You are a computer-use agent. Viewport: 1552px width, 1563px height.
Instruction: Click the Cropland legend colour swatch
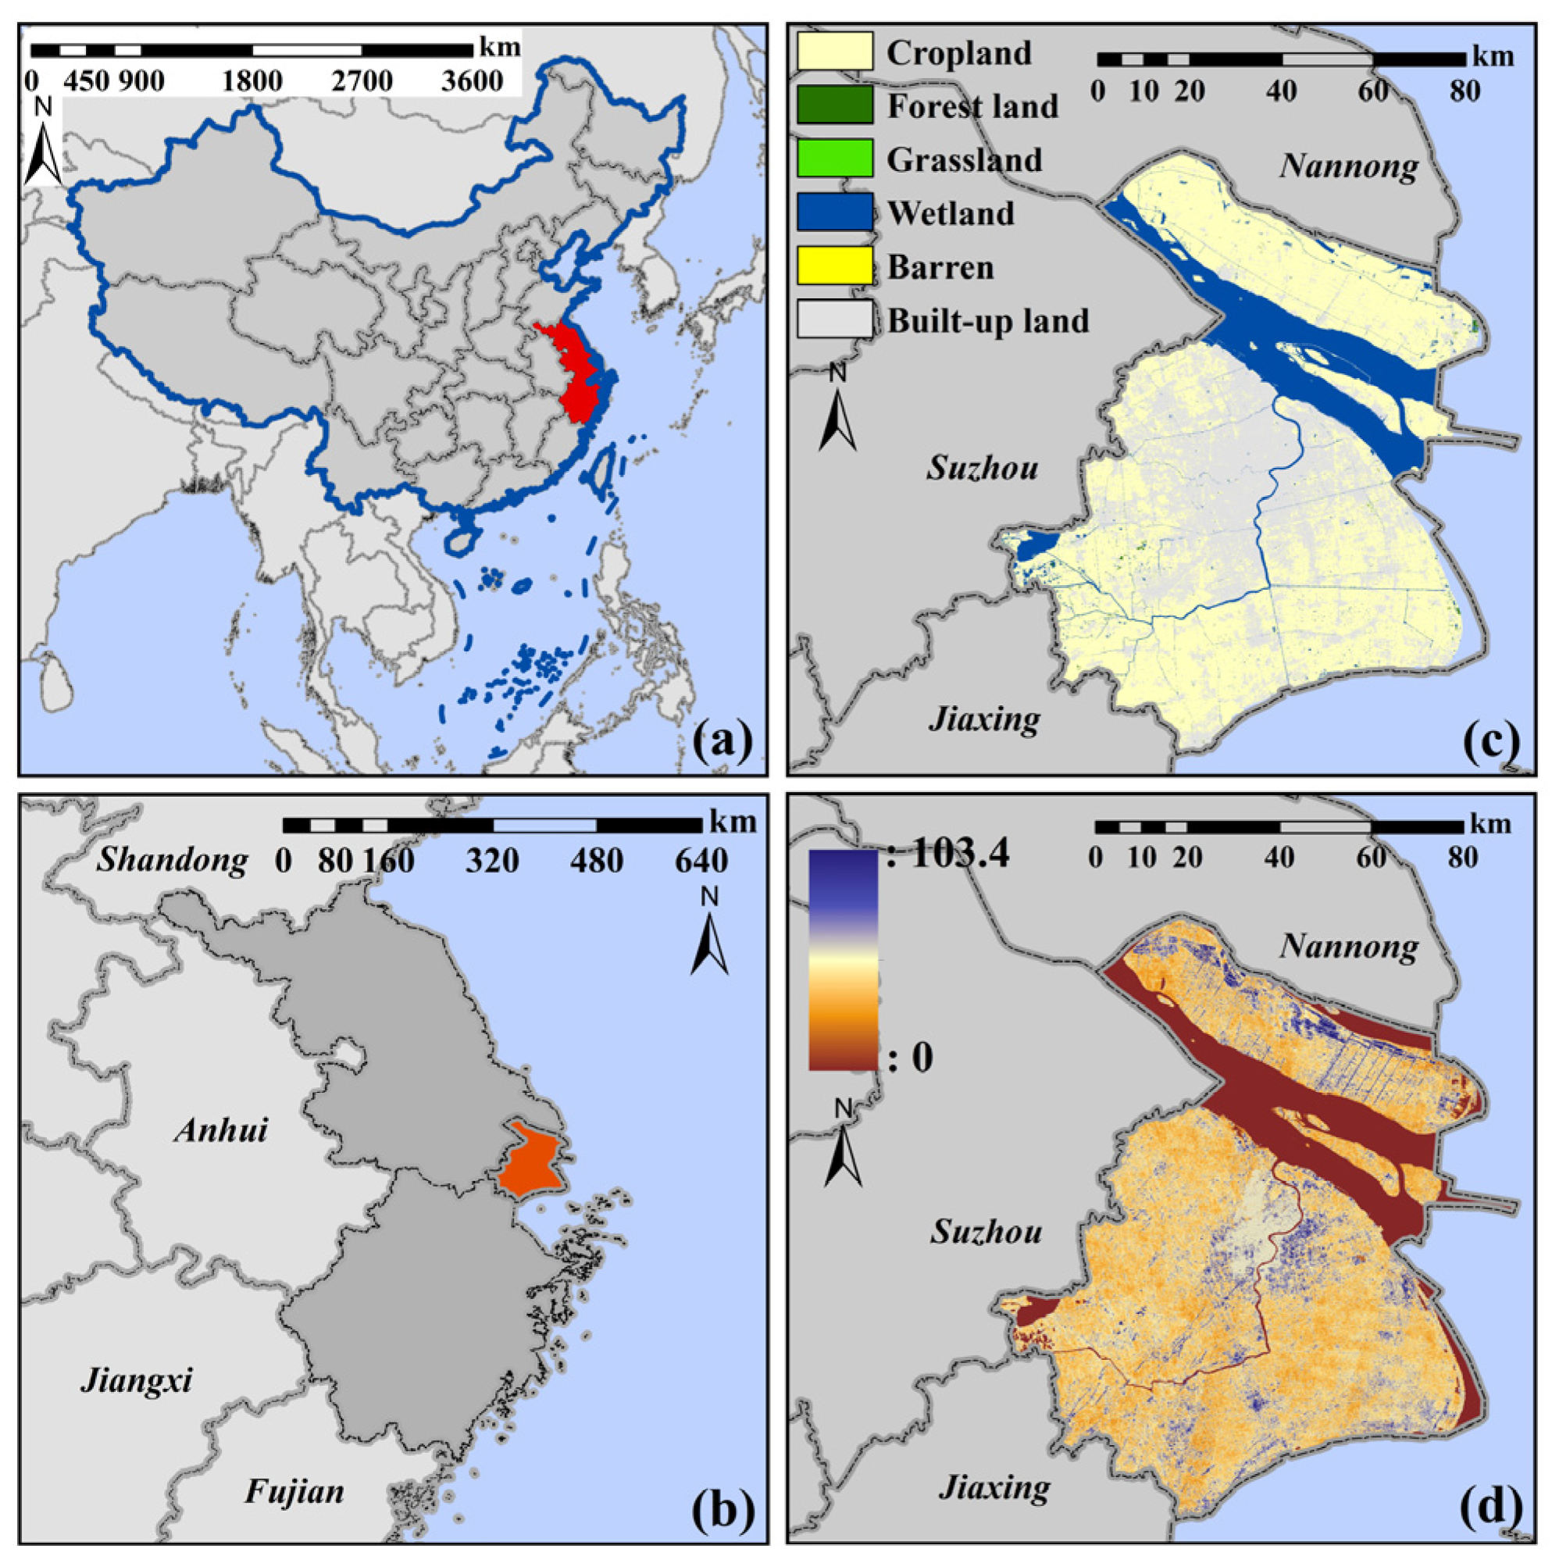(834, 51)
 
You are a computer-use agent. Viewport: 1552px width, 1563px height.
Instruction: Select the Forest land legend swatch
(834, 105)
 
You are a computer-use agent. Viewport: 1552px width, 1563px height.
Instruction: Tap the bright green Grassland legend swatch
(834, 159)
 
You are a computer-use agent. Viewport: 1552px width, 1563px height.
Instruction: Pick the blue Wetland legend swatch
(834, 212)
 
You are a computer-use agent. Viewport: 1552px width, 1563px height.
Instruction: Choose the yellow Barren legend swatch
(834, 266)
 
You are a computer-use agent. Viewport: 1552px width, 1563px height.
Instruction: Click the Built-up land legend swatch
(834, 319)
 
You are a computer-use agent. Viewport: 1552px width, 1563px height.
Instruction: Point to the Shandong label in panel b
(173, 861)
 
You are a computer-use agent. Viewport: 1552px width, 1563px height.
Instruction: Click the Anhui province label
(221, 1130)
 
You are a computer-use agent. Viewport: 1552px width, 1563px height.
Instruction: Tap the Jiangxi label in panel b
(137, 1380)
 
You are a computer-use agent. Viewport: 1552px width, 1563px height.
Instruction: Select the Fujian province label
(294, 1492)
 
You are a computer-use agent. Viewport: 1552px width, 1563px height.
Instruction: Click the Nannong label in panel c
(1349, 166)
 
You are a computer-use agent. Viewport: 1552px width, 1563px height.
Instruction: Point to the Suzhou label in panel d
(986, 1232)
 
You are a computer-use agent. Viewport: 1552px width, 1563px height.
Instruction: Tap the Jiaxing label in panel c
(985, 719)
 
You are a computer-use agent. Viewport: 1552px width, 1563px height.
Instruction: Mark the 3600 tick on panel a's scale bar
(472, 81)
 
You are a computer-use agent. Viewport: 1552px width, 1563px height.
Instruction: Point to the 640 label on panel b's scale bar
(701, 861)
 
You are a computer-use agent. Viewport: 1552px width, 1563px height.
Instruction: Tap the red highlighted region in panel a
(576, 368)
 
